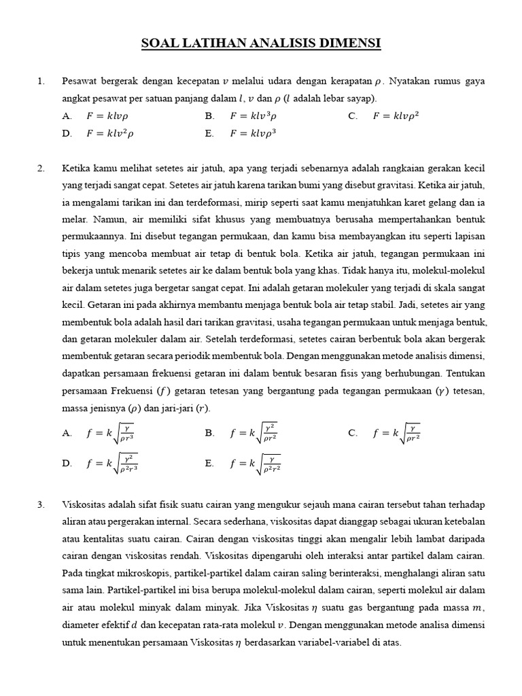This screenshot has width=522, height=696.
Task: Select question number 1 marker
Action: click(x=41, y=82)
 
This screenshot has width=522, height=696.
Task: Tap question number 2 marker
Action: click(x=41, y=168)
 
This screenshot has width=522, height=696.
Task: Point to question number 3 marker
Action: click(x=41, y=504)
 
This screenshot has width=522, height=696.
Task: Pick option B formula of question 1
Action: click(x=254, y=116)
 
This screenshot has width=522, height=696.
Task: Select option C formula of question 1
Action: click(x=396, y=116)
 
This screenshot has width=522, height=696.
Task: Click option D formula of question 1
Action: click(x=109, y=133)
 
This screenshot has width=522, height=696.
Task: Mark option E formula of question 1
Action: click(x=254, y=133)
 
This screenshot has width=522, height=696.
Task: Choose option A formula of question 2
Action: click(x=111, y=433)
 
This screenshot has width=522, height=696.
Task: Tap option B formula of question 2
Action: click(x=254, y=433)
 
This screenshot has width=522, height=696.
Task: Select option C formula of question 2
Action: click(x=396, y=433)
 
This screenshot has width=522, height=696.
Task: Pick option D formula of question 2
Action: click(x=113, y=464)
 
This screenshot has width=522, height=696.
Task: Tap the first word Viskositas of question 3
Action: click(x=83, y=504)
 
